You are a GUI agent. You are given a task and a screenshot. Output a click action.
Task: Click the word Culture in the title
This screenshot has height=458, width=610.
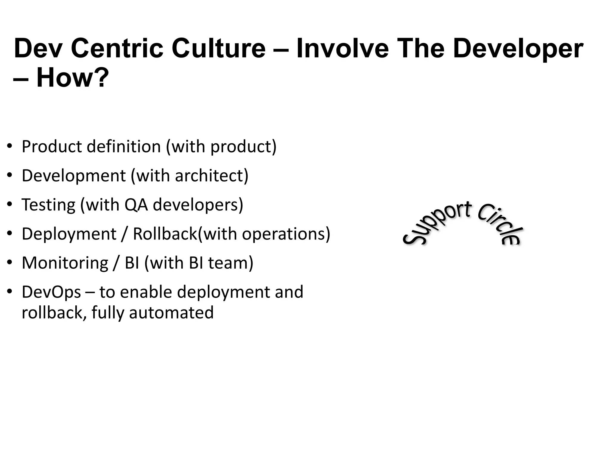pos(218,48)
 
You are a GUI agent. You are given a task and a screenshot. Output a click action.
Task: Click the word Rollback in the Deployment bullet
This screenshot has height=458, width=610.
pos(165,233)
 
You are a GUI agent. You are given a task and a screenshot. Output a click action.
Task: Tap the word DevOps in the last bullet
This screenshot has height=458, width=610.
pos(51,292)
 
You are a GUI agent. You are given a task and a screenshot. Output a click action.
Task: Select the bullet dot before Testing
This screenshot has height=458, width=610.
pos(10,205)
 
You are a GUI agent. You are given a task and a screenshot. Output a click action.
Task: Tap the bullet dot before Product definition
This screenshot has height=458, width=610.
pos(10,146)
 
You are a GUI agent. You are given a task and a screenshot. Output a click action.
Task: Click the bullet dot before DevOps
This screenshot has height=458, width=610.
pos(10,292)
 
